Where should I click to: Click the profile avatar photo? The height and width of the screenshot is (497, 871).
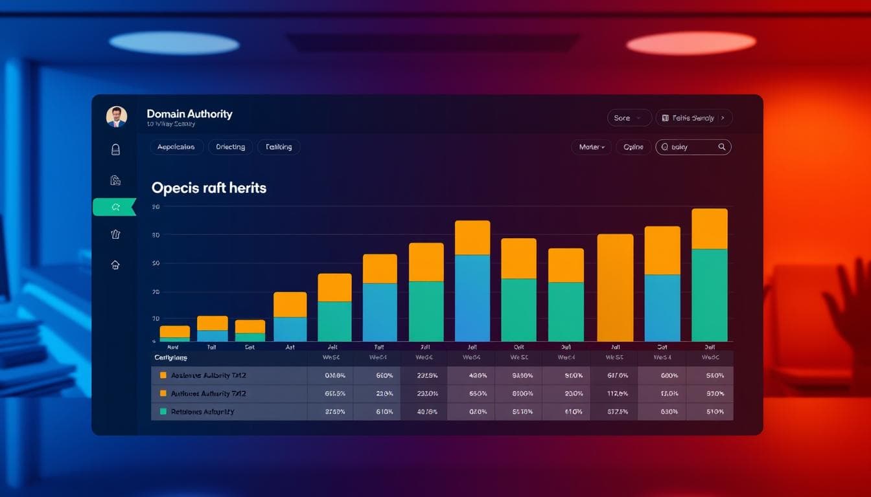pyautogui.click(x=117, y=116)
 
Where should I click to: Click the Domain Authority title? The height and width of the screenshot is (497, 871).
pyautogui.click(x=189, y=114)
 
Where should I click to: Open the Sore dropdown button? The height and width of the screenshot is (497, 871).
pyautogui.click(x=629, y=118)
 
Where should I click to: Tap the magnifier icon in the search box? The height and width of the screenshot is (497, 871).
pyautogui.click(x=722, y=147)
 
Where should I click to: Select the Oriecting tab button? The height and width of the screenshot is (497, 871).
pyautogui.click(x=230, y=147)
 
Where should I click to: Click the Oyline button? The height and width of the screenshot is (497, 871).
pyautogui.click(x=633, y=147)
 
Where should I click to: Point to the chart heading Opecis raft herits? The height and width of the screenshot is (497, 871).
pyautogui.click(x=209, y=188)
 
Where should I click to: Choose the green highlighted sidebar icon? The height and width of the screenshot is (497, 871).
pyautogui.click(x=115, y=207)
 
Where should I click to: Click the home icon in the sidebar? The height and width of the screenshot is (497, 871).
pyautogui.click(x=115, y=264)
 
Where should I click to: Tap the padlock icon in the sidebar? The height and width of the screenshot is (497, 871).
pyautogui.click(x=115, y=149)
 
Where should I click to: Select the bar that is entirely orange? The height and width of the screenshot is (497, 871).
pyautogui.click(x=615, y=287)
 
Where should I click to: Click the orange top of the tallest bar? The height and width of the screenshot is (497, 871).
pyautogui.click(x=709, y=228)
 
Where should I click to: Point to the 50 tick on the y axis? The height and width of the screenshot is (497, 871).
pyautogui.click(x=156, y=263)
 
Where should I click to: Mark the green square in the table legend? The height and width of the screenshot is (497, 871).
pyautogui.click(x=163, y=412)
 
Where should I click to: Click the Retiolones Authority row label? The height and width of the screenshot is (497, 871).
pyautogui.click(x=202, y=412)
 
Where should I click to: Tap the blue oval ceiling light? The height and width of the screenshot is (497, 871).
pyautogui.click(x=174, y=43)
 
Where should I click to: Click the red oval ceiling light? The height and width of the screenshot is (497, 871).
pyautogui.click(x=691, y=43)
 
